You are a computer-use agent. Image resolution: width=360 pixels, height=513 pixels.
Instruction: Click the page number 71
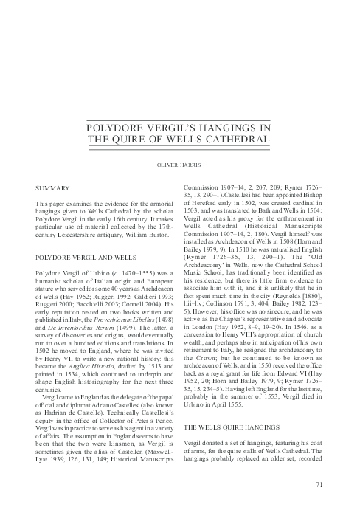(319, 484)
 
